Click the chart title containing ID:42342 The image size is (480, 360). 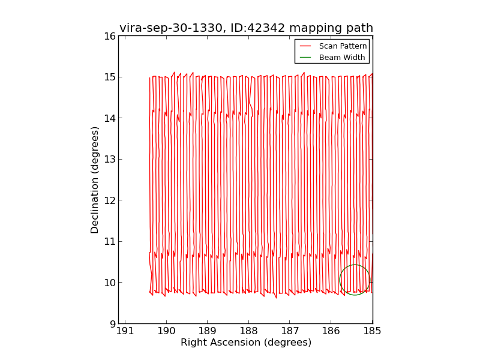[x=246, y=28]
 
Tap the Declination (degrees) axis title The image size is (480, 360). [x=95, y=179]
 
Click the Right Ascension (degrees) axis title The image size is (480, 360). [x=246, y=343]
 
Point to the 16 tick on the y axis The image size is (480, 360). [x=109, y=36]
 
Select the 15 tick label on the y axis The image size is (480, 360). [x=109, y=77]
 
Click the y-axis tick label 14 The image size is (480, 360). [x=109, y=118]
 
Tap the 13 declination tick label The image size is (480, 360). [x=109, y=160]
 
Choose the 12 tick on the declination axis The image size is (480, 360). [x=109, y=200]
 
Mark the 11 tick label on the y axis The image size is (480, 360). [x=109, y=242]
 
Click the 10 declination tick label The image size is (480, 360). [x=109, y=283]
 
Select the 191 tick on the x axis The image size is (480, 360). [x=125, y=331]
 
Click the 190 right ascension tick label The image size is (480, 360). [x=166, y=331]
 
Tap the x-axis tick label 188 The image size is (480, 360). [x=248, y=331]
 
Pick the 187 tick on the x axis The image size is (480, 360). [x=290, y=331]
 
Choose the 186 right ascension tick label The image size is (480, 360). [x=331, y=331]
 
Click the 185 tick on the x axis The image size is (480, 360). [x=372, y=331]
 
